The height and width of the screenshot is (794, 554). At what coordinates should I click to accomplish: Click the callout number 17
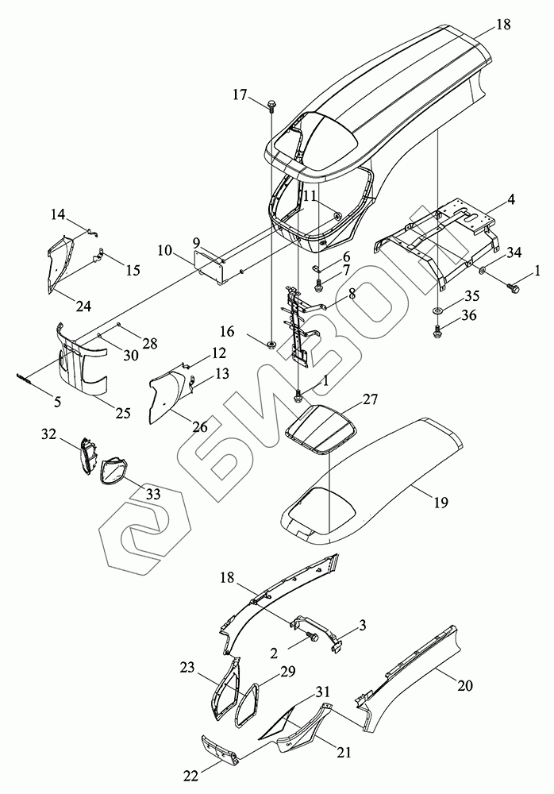coord(240,94)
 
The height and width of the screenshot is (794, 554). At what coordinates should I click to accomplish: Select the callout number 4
coord(511,200)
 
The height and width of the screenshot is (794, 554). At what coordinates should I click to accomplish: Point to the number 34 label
coord(514,253)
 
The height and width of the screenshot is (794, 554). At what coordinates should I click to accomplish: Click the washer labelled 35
coord(438,308)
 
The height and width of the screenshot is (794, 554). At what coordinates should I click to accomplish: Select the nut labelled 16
coord(271,344)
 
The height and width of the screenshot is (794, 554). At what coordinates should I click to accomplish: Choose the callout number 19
coord(441,502)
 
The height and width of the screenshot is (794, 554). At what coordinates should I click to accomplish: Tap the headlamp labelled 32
coord(87,455)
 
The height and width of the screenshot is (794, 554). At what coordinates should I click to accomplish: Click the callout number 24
coord(83,306)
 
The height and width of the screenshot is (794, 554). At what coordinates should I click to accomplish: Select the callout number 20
coord(466,684)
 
